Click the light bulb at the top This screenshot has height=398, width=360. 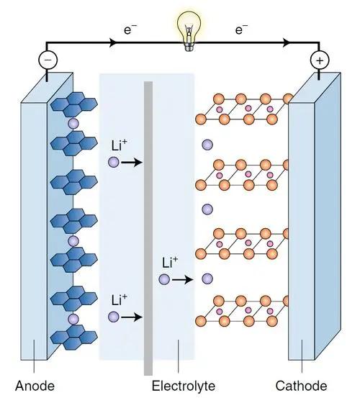189,30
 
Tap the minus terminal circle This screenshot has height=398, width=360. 48,60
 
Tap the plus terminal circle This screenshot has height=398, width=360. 320,60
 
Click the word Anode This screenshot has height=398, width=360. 35,386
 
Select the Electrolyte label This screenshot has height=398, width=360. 184,386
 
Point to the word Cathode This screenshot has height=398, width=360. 302,386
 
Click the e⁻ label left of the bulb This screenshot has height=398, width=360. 130,30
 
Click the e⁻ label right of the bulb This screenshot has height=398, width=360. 241,30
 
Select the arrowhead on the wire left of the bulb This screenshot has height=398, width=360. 113,42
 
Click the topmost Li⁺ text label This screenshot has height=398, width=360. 119,145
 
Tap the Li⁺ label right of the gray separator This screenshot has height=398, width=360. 170,262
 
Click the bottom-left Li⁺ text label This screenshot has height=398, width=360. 119,300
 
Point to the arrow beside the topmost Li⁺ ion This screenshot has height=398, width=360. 132,162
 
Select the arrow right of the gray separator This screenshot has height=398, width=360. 183,280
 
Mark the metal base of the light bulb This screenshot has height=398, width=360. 189,47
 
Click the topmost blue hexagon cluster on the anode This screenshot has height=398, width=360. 74,104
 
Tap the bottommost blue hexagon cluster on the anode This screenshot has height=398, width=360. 74,338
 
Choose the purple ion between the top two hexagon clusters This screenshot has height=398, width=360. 73,124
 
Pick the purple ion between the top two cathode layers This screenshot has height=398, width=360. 207,145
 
